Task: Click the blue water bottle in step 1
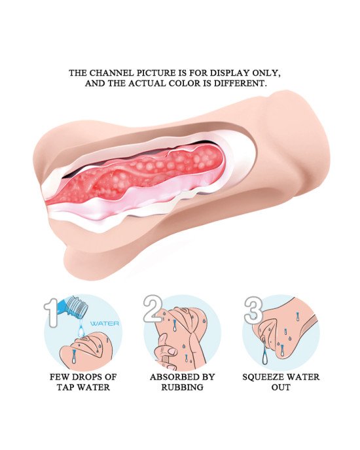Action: (73, 307)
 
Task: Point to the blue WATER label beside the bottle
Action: (104, 323)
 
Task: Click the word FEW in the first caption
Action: (59, 377)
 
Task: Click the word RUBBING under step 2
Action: (182, 387)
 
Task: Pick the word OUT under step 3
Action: (281, 387)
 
